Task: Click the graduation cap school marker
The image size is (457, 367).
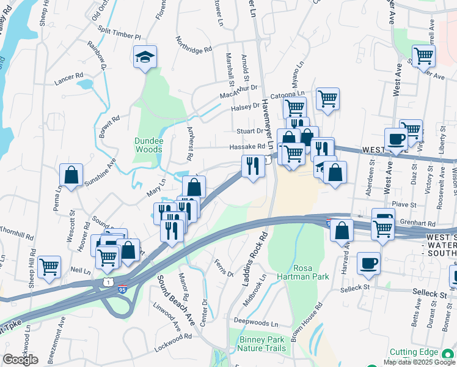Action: [x=145, y=57]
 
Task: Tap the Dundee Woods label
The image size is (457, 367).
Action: [x=148, y=145]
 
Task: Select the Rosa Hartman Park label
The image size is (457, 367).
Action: [x=312, y=272]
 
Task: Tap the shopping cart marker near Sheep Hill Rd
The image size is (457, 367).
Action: [x=49, y=266]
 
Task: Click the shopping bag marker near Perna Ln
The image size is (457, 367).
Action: [x=71, y=175]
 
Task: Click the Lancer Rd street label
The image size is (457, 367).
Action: [x=68, y=77]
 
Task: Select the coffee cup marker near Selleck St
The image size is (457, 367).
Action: [x=368, y=264]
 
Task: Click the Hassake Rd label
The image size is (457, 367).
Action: [x=247, y=147]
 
